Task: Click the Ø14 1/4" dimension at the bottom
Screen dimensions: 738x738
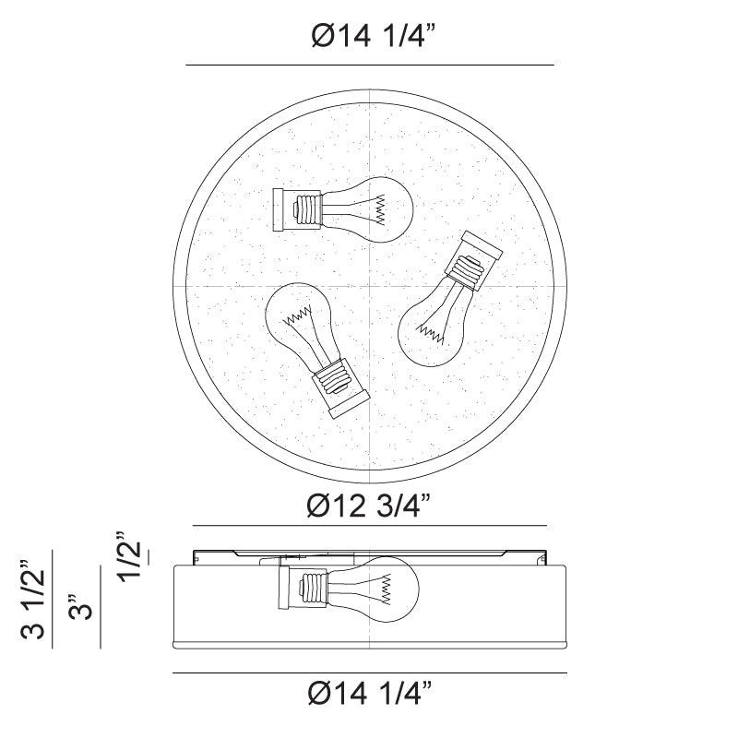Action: [370, 693]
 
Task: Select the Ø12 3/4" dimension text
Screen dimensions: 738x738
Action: [368, 506]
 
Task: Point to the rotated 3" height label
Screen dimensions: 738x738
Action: [80, 607]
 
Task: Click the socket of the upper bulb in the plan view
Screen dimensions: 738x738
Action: [297, 210]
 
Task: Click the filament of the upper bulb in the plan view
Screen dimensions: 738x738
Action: [380, 209]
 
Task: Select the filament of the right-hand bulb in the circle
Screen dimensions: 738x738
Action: [431, 332]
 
